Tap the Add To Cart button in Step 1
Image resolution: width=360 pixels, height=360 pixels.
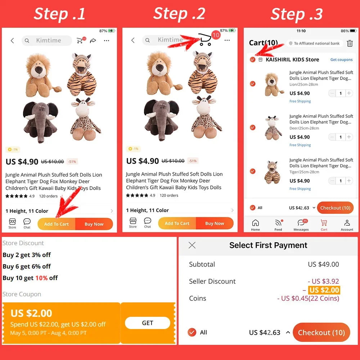point(57,224)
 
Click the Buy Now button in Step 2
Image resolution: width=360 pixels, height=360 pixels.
point(215,223)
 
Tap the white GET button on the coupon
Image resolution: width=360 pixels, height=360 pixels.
point(147,323)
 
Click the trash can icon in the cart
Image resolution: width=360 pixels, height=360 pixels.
point(350,43)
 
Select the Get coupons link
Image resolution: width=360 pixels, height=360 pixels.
point(341,60)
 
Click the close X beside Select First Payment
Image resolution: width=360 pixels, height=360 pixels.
point(192,245)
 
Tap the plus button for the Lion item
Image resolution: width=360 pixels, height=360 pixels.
point(349,93)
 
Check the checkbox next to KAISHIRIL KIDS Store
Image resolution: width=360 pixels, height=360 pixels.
point(253,60)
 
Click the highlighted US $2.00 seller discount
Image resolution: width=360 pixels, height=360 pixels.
point(324,290)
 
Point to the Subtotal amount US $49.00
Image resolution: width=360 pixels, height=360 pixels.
point(323,264)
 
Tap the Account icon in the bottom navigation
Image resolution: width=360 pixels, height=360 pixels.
point(347,225)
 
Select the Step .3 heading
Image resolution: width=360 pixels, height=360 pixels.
point(297,14)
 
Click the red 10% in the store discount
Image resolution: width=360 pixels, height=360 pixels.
point(41,278)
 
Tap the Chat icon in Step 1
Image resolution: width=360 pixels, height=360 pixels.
point(27,224)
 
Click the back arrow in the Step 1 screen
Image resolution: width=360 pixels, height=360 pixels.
point(12,41)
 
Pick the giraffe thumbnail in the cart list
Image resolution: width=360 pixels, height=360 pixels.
point(273,128)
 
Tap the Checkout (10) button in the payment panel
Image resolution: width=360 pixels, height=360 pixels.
point(321,332)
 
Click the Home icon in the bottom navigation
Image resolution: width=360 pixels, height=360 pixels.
point(255,225)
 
